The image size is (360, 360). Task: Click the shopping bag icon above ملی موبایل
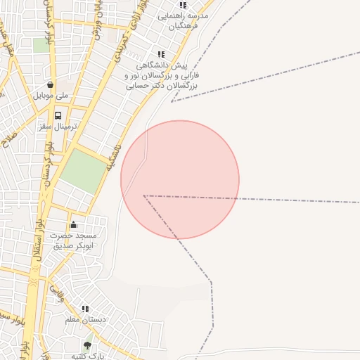click(x=50, y=84)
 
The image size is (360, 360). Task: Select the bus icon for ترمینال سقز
click(x=58, y=115)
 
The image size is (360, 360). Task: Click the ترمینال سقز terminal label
click(x=59, y=127)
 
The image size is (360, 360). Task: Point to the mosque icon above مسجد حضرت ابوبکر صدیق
click(x=73, y=224)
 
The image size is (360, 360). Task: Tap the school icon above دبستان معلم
click(x=85, y=308)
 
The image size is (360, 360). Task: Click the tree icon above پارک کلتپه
click(x=87, y=345)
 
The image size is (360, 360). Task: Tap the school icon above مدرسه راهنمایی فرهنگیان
click(x=184, y=4)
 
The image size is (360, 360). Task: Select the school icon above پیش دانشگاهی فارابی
click(x=161, y=53)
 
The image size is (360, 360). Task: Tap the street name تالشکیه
click(x=113, y=157)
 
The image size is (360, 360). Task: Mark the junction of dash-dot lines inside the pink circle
click(x=144, y=195)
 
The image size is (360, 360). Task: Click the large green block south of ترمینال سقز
click(x=83, y=171)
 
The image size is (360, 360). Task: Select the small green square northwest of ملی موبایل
click(x=41, y=46)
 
